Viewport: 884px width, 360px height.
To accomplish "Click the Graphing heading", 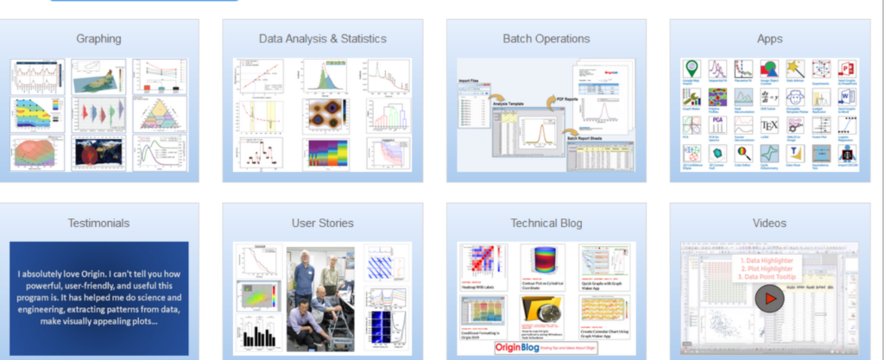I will [x=98, y=39].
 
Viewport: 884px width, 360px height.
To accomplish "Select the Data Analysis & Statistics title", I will [x=322, y=39].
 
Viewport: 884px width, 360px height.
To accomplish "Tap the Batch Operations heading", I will [x=546, y=39].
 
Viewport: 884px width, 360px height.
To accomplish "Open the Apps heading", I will [x=769, y=39].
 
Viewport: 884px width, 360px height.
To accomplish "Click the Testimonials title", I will [x=98, y=224].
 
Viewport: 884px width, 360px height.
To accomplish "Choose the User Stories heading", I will [x=322, y=224].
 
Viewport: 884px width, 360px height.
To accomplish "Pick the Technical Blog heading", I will [x=546, y=224].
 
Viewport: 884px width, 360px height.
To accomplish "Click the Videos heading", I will [x=769, y=224].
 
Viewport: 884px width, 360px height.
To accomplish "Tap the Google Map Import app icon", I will [x=691, y=69].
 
